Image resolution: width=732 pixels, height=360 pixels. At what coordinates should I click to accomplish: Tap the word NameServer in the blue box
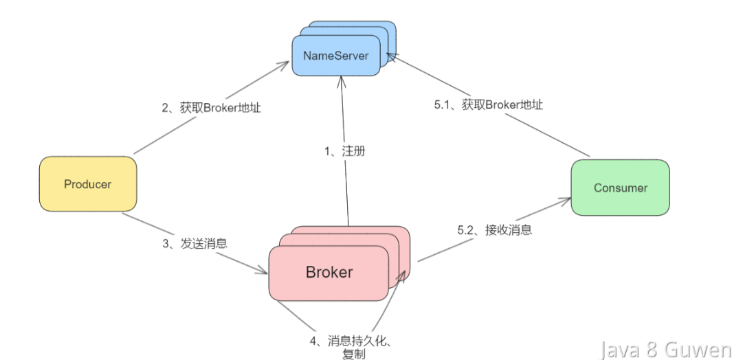[x=335, y=55]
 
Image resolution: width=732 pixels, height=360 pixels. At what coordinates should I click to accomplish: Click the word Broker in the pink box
[x=329, y=272]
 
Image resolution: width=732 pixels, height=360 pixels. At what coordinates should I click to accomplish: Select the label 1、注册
[x=344, y=151]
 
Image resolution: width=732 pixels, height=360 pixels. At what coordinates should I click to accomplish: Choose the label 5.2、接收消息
[x=495, y=230]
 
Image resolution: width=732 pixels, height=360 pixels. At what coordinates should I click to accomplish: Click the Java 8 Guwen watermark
[x=665, y=349]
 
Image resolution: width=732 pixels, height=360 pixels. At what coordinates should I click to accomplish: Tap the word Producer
[x=88, y=184]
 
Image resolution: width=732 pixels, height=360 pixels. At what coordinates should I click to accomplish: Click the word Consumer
[x=621, y=188]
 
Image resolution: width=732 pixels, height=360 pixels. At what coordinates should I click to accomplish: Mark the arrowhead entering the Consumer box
[x=566, y=200]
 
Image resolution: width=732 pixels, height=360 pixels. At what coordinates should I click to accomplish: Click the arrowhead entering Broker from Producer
[x=263, y=272]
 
